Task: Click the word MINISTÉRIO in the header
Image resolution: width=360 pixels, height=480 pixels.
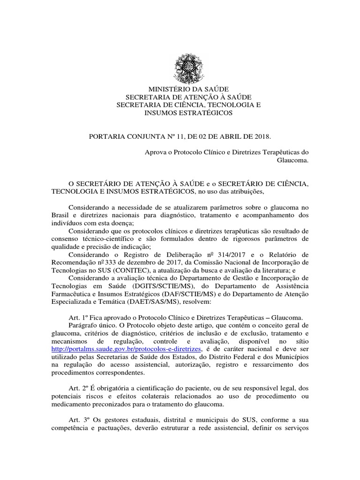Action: click(164, 89)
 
